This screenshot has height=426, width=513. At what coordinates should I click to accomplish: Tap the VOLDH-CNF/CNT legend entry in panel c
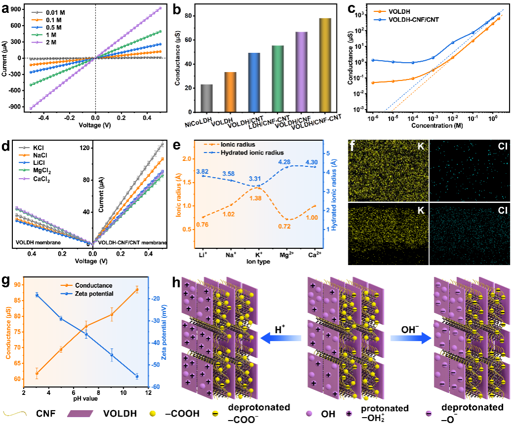(x=405, y=19)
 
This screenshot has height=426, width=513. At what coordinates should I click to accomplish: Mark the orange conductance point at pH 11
(x=137, y=290)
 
